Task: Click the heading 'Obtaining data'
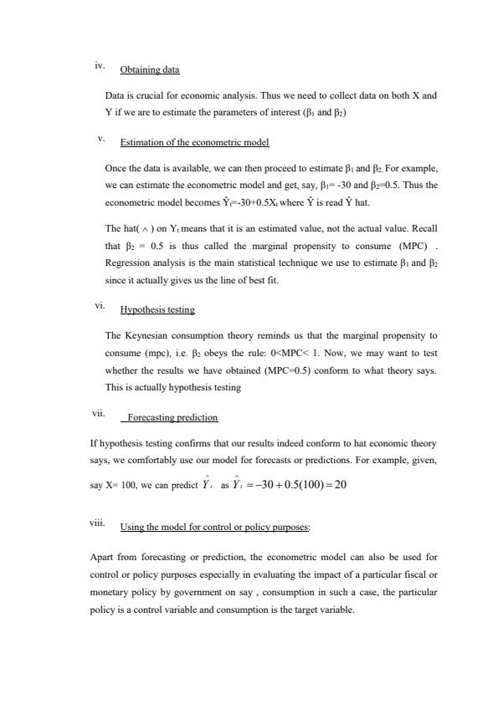coord(150,69)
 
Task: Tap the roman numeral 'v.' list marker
coord(101,137)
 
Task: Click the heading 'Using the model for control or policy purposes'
coord(215,527)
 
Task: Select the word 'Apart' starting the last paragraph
coord(100,556)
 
